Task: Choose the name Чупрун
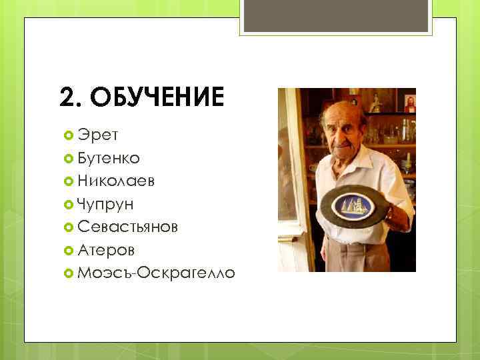(105, 203)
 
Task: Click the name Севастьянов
(127, 226)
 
